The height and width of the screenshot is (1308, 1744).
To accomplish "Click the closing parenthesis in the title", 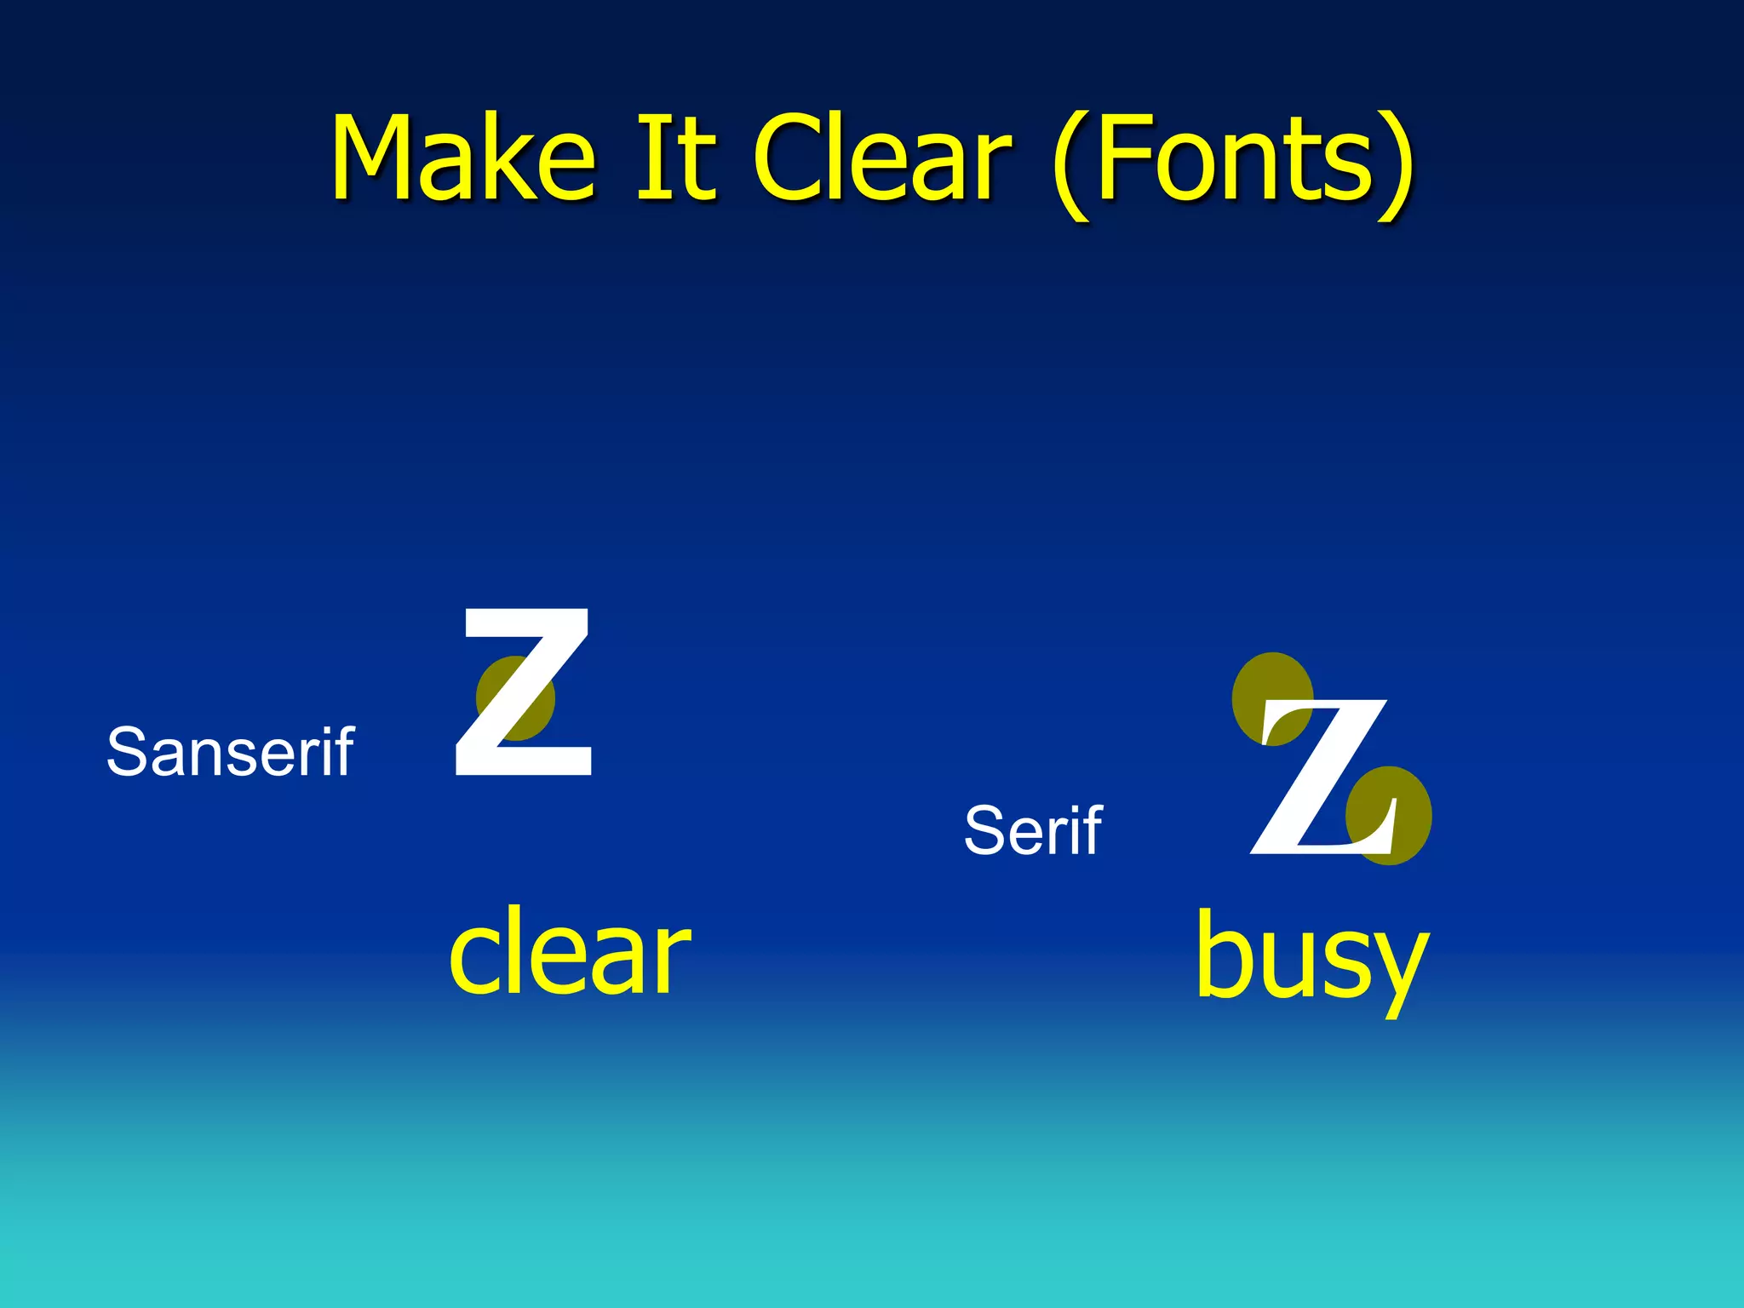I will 1397,166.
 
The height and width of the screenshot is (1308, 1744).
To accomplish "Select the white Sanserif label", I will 230,752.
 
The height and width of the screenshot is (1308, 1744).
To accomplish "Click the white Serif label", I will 1032,830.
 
